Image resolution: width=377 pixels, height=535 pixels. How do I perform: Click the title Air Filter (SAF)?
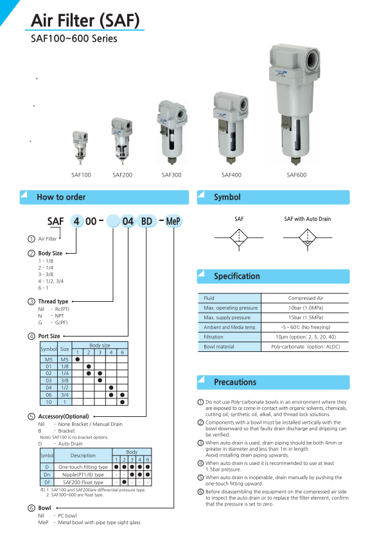85,20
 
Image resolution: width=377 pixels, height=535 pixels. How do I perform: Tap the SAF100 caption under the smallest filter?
81,174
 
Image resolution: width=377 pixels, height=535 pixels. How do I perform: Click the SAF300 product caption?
171,174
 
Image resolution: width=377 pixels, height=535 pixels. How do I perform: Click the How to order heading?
61,197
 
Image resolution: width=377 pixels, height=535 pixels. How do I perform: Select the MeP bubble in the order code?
173,222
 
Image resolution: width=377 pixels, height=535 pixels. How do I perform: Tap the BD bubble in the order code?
146,222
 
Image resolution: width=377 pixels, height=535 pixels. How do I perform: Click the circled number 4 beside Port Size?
31,336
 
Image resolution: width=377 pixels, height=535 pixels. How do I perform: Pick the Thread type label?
53,301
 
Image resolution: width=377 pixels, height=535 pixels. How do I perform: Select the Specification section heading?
237,276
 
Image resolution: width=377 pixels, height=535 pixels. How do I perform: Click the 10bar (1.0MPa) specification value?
305,308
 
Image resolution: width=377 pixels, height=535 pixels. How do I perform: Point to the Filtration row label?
214,337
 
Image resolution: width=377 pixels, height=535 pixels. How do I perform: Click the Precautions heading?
235,382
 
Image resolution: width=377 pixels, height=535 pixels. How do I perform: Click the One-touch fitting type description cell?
83,467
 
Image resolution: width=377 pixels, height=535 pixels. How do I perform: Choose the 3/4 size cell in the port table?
65,394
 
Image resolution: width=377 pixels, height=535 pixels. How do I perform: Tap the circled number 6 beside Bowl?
31,508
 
